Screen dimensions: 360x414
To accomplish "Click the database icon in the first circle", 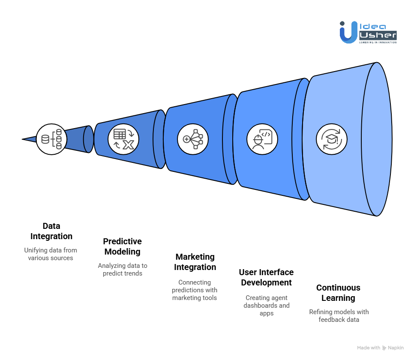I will (x=51, y=139).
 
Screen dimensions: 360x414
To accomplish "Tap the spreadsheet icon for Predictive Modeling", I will (x=123, y=139).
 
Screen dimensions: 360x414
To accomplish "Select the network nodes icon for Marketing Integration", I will (x=193, y=139).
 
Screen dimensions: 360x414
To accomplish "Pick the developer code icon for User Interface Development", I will (x=262, y=139).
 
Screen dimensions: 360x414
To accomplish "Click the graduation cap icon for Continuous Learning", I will (x=332, y=139).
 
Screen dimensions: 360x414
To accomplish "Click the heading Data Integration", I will (x=51, y=231).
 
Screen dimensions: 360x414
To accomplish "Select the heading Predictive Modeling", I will (x=123, y=246).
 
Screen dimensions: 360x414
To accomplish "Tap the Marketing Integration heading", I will (x=195, y=262).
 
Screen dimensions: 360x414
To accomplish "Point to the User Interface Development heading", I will (x=267, y=277).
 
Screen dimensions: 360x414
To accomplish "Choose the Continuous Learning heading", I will (x=338, y=293).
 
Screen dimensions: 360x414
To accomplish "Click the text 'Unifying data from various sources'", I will (x=51, y=254).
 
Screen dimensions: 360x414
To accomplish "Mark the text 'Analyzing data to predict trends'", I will (x=123, y=270).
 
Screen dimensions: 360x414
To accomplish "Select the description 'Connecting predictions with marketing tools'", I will (x=195, y=290).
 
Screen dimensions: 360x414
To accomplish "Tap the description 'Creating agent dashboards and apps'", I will (x=267, y=305).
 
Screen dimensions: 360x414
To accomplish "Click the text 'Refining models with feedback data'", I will (x=339, y=315).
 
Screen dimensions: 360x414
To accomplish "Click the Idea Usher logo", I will (x=368, y=32).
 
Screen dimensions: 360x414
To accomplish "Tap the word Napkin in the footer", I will (x=396, y=348).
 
